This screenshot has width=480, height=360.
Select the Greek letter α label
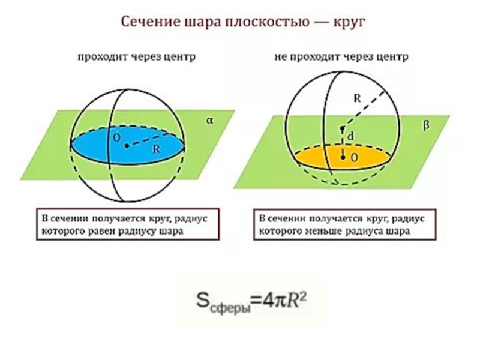click(210, 120)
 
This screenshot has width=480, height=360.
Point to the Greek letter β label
click(427, 126)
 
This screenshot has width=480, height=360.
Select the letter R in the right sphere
click(356, 100)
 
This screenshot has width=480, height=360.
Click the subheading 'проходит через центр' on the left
click(136, 58)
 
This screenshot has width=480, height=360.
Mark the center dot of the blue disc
click(128, 145)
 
